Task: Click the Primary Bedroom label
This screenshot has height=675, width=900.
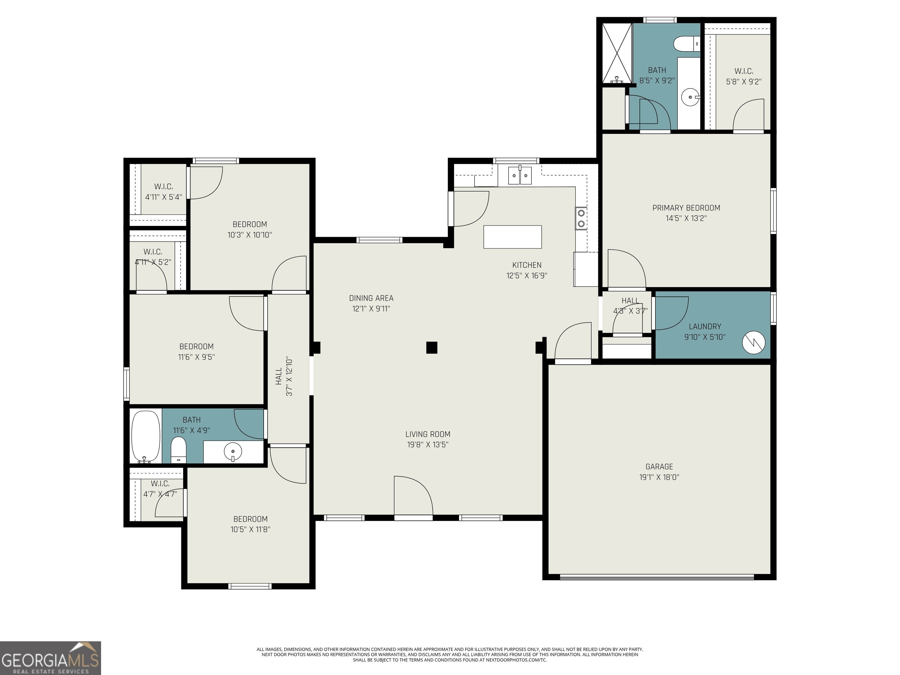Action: [x=686, y=208]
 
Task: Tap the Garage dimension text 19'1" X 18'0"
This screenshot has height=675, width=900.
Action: [x=659, y=477]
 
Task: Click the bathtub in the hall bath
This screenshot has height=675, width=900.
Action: [x=146, y=437]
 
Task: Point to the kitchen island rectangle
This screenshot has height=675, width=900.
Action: [x=512, y=237]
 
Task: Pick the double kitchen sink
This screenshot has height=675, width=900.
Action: [x=519, y=175]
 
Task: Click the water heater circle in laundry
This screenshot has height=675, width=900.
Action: [x=754, y=342]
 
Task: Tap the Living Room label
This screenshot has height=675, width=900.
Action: [x=428, y=434]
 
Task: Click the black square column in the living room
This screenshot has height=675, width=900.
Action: [x=432, y=347]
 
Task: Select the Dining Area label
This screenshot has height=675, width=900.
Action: [x=371, y=298]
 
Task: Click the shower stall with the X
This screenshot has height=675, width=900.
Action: [x=617, y=53]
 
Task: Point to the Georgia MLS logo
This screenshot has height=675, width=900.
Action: [x=50, y=658]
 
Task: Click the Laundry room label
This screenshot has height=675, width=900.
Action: [x=705, y=327]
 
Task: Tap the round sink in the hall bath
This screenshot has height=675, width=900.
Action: [x=233, y=451]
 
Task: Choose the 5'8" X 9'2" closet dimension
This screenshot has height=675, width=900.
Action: [x=744, y=82]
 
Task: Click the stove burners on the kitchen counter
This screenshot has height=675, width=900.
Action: [x=581, y=218]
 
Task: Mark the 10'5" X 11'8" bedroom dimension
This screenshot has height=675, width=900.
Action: [x=250, y=529]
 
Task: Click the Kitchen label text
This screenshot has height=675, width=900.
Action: [x=526, y=265]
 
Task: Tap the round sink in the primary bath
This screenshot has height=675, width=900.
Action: [x=691, y=97]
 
